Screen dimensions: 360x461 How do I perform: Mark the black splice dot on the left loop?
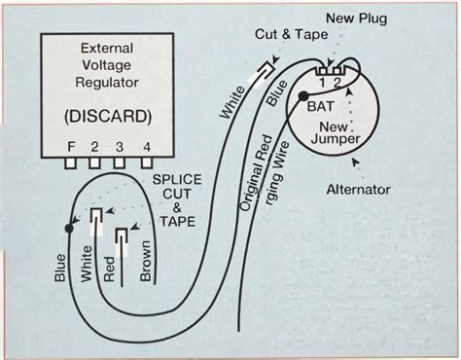pyautogui.click(x=67, y=229)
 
